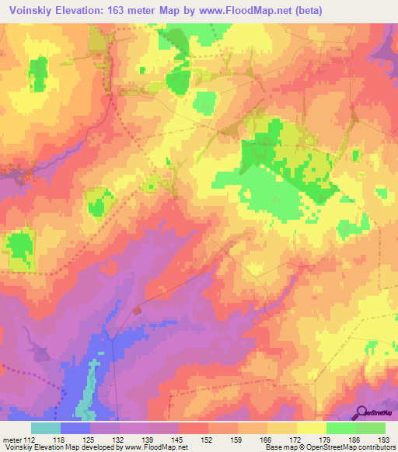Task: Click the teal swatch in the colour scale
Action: [x=46, y=428]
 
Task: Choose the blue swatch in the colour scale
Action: [x=75, y=428]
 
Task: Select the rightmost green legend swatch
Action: [x=371, y=428]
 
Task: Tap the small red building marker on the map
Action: [x=138, y=310]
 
